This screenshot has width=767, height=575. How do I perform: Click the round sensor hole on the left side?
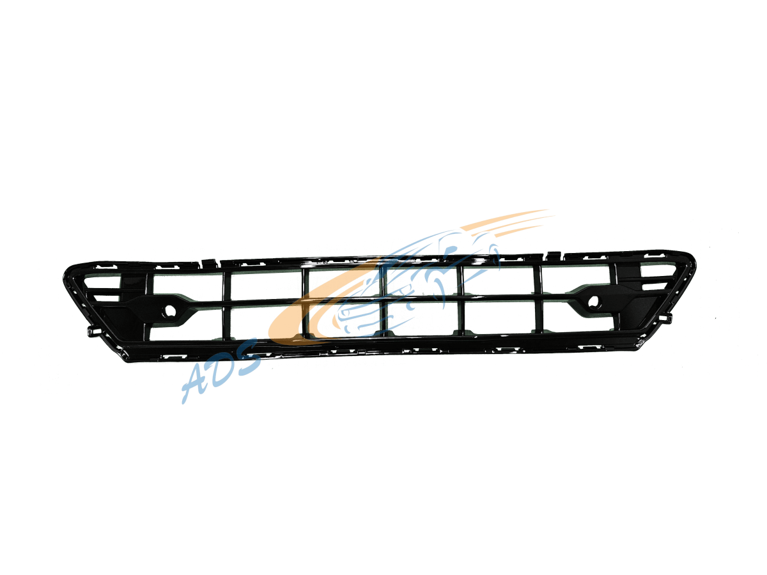pos(170,310)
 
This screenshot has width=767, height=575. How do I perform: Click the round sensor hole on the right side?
pos(593,301)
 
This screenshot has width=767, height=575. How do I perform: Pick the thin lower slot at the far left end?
pos(106,298)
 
